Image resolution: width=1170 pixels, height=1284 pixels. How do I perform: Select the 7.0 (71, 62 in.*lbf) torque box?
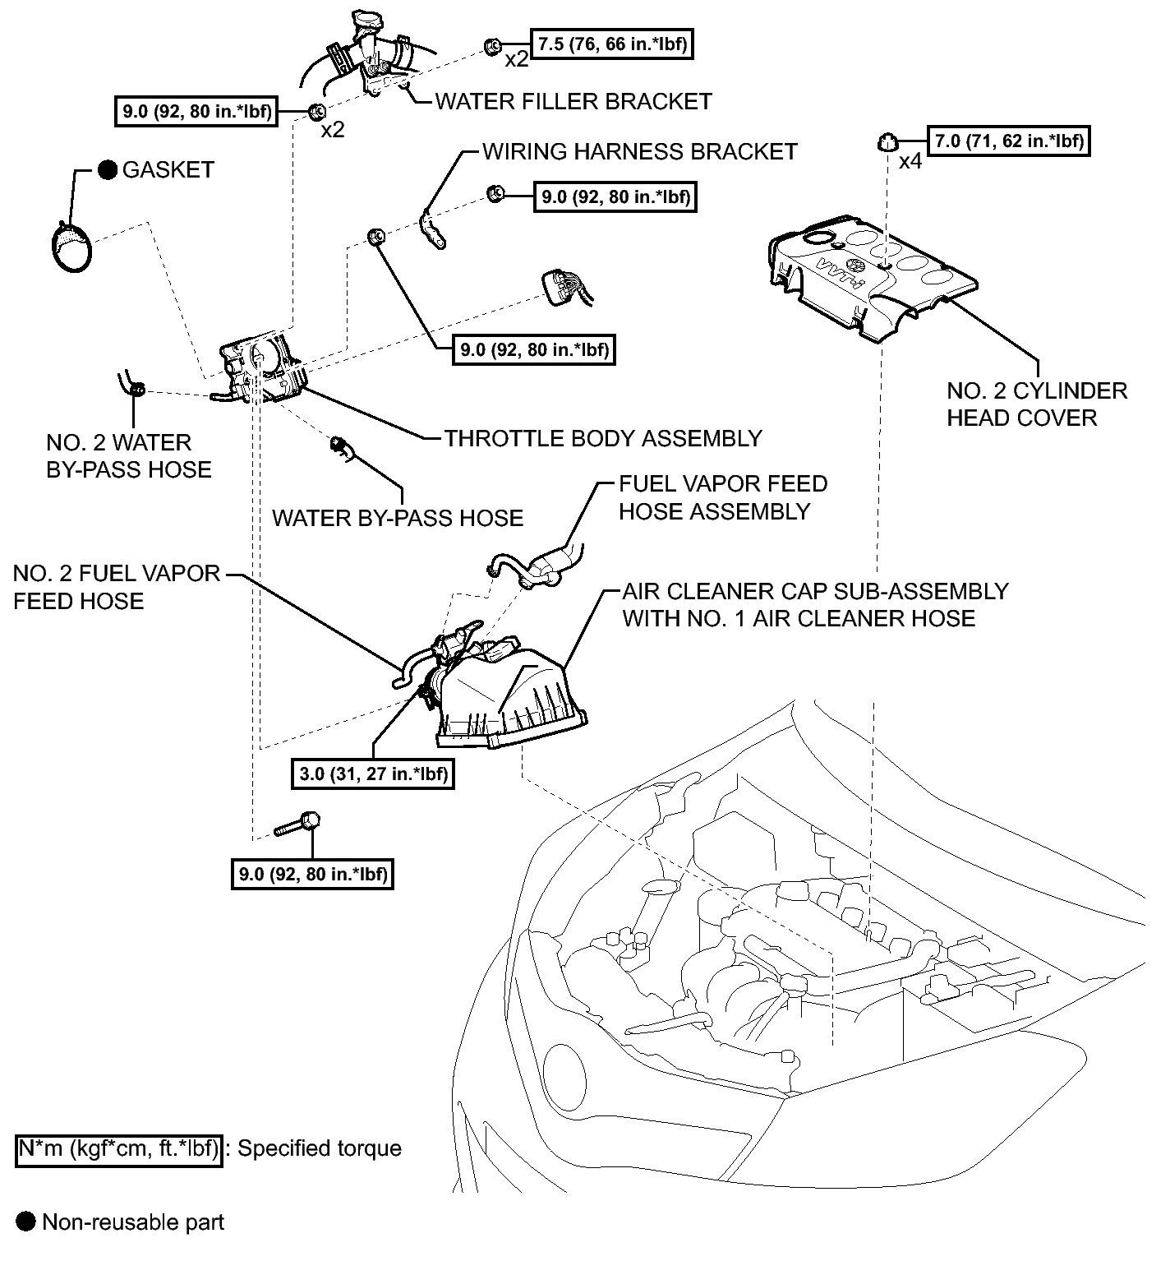pyautogui.click(x=1007, y=141)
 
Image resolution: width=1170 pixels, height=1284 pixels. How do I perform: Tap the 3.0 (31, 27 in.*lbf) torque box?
pyautogui.click(x=373, y=774)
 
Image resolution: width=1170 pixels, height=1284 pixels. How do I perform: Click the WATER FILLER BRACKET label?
pyautogui.click(x=573, y=101)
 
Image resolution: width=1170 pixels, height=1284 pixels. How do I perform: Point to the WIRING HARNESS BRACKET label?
pyautogui.click(x=639, y=152)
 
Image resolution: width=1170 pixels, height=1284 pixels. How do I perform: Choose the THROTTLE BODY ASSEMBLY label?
pyautogui.click(x=603, y=438)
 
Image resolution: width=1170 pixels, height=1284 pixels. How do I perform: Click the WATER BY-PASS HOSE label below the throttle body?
pyautogui.click(x=398, y=518)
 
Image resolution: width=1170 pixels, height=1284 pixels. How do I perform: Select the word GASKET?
pyautogui.click(x=168, y=170)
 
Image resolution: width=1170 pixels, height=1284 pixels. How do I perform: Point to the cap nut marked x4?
pyautogui.click(x=885, y=142)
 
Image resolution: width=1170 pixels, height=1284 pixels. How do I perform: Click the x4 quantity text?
pyautogui.click(x=910, y=162)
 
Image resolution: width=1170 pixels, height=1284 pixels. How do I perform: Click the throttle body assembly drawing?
pyautogui.click(x=259, y=372)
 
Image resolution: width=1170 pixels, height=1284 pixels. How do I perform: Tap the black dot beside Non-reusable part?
pyautogui.click(x=27, y=1222)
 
